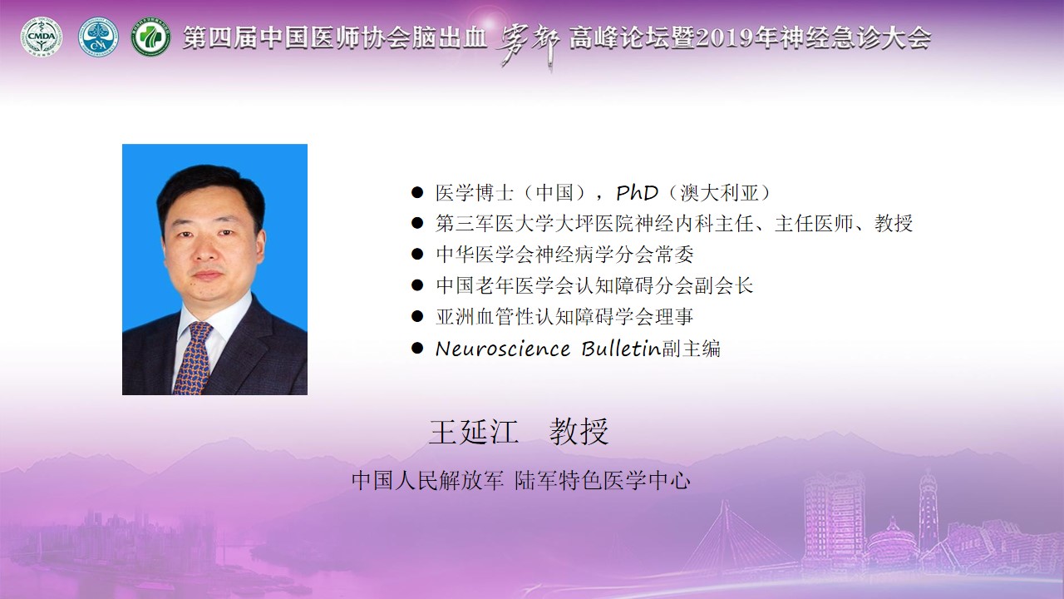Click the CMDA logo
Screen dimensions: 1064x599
click(42, 37)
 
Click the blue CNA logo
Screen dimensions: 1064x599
click(98, 37)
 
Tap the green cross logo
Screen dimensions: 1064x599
click(150, 37)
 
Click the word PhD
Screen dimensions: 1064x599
click(637, 193)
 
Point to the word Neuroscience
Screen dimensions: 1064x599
click(503, 349)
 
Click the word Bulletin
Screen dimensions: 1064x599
click(621, 349)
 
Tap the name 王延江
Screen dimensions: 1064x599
click(473, 432)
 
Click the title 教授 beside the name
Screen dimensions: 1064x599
click(579, 432)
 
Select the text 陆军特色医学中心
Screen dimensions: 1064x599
click(603, 481)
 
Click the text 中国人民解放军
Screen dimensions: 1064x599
click(427, 481)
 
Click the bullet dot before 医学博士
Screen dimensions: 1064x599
click(417, 192)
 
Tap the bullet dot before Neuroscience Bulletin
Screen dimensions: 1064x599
click(417, 349)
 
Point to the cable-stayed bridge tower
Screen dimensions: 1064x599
click(724, 528)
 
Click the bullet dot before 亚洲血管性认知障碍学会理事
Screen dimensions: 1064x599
click(417, 317)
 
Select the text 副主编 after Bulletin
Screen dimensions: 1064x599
click(691, 349)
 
